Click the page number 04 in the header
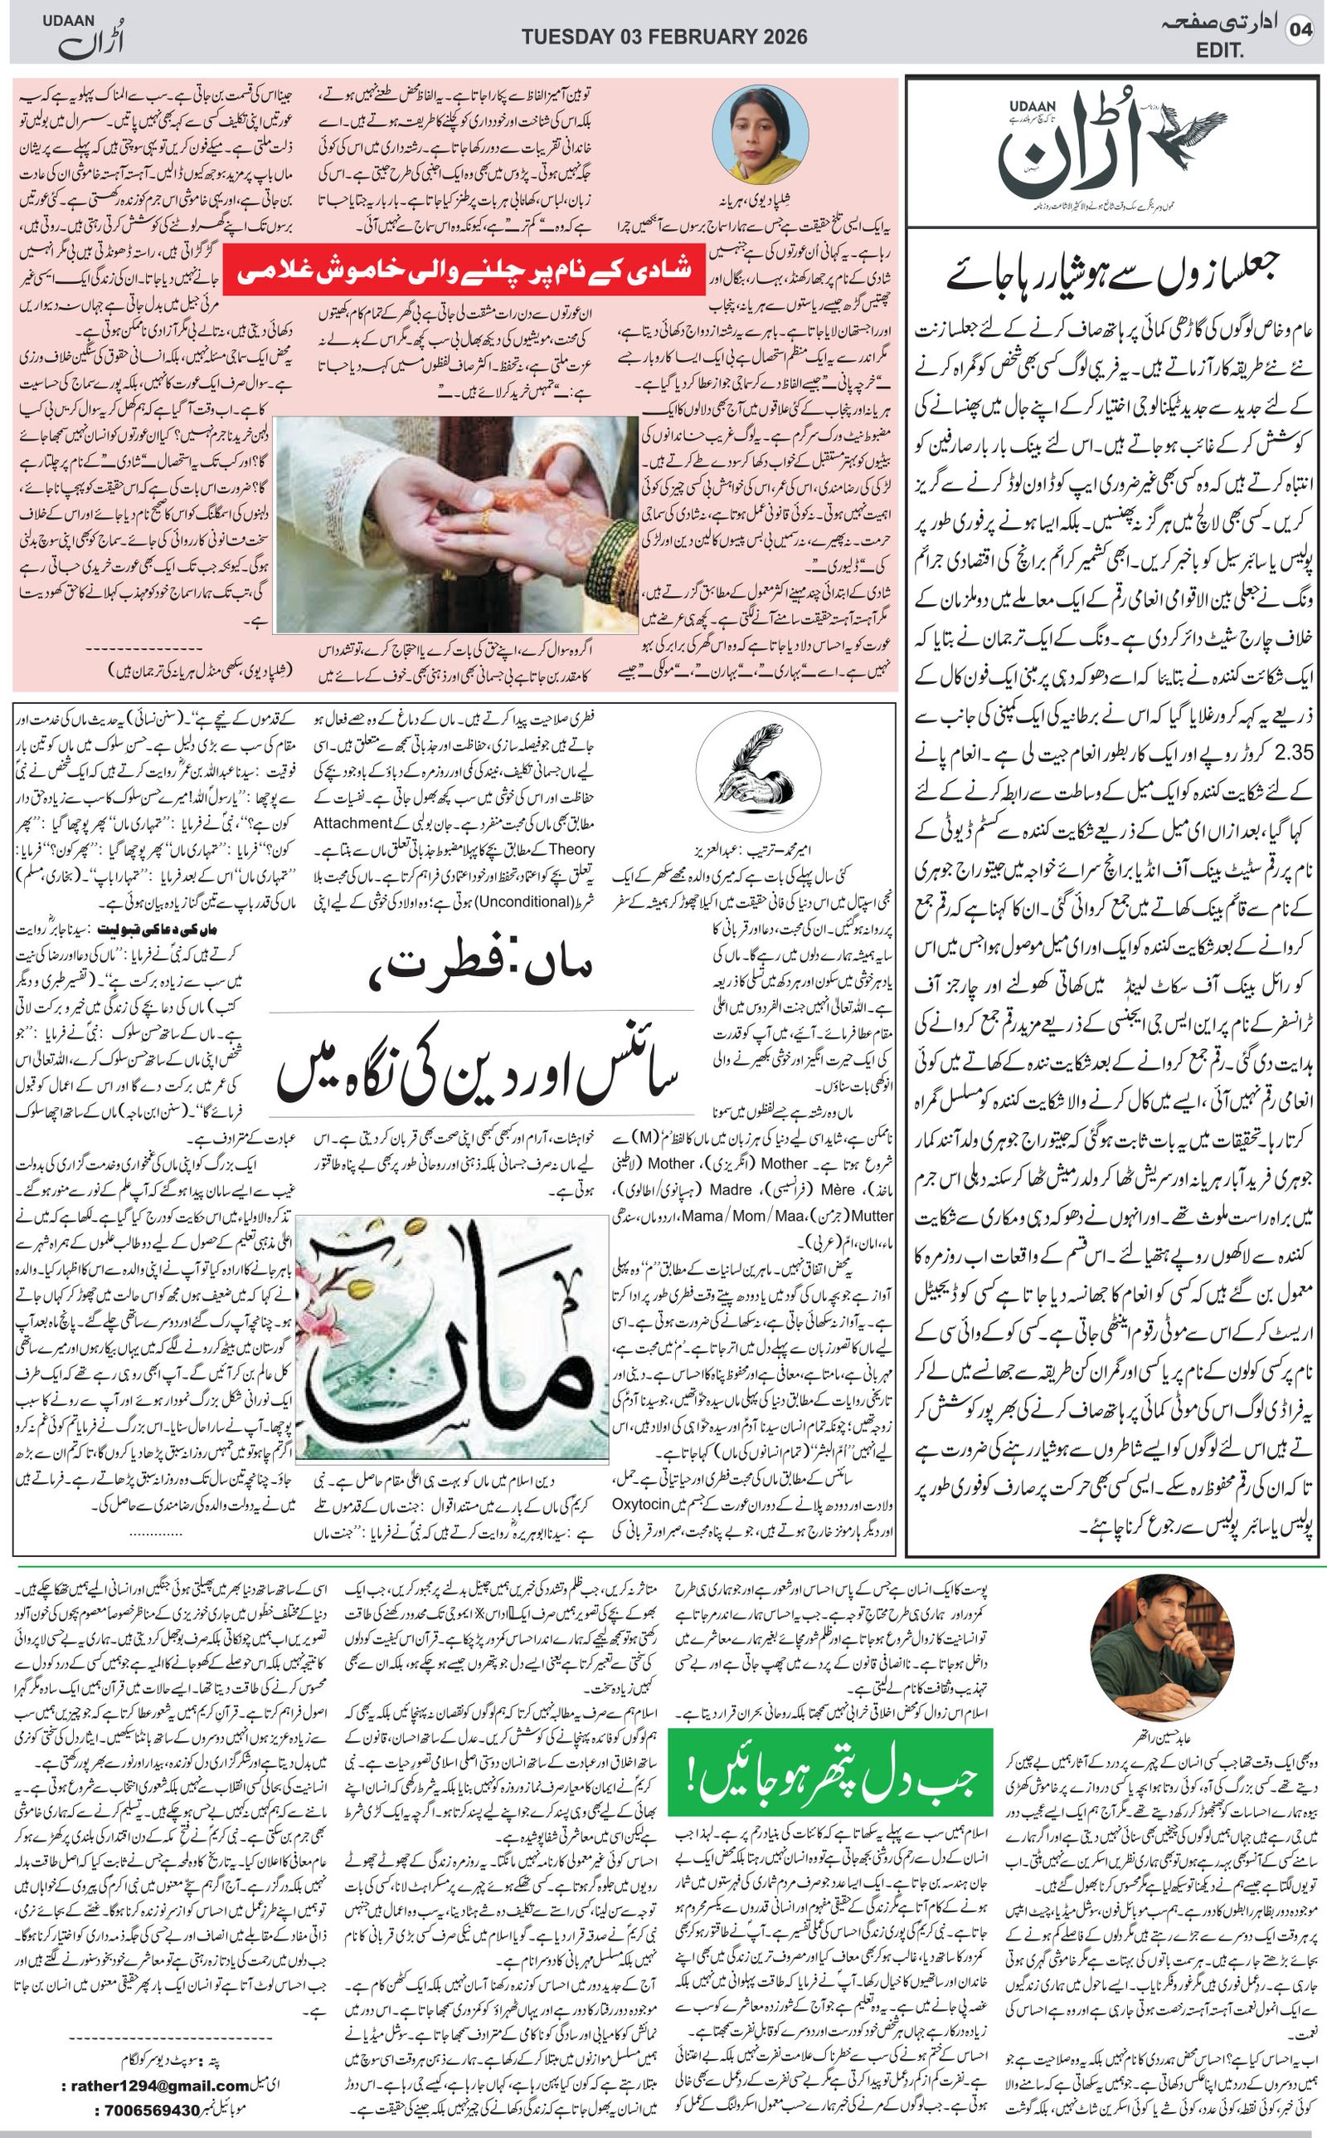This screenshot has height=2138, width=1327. [x=1299, y=30]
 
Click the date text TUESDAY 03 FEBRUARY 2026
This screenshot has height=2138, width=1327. [x=664, y=37]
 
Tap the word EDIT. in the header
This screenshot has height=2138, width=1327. [x=1220, y=51]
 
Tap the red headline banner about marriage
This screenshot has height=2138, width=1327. [x=463, y=269]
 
